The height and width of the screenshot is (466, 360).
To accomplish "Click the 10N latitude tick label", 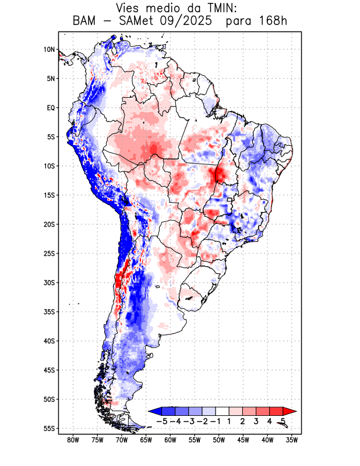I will click(x=49, y=50).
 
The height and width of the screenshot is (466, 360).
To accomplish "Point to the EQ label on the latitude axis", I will click(x=50, y=108).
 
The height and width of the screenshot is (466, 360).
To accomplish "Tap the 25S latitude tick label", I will click(x=49, y=253).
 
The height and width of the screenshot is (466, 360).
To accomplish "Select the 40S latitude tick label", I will click(x=49, y=341).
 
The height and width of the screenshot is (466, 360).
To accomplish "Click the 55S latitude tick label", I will click(x=49, y=429).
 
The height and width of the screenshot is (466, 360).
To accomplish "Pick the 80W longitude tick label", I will click(x=73, y=440).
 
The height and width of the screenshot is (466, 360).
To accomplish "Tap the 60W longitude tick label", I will click(x=170, y=440).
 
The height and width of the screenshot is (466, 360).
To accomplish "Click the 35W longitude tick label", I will click(x=292, y=440).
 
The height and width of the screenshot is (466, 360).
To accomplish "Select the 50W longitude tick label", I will click(x=219, y=440).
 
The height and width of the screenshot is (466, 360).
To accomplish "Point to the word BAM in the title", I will click(x=86, y=22).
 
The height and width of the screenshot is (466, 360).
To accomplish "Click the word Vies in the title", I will click(x=129, y=8).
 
